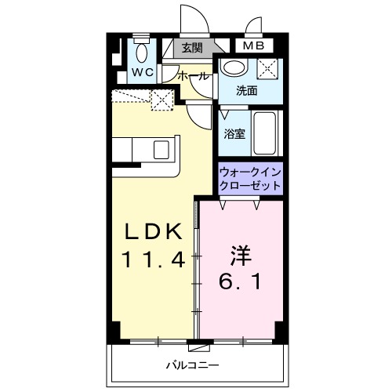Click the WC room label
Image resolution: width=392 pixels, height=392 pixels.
142,73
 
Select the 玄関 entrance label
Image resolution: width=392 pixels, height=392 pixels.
192,48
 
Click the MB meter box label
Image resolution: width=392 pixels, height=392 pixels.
252,46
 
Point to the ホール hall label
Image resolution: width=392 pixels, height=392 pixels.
194,76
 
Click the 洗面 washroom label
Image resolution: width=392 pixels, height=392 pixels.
247,90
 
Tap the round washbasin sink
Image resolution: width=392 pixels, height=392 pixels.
233,67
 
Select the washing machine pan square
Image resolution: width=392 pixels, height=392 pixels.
268,68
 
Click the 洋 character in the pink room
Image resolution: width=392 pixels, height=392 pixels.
240,255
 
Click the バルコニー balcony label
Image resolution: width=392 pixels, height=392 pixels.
191,365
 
